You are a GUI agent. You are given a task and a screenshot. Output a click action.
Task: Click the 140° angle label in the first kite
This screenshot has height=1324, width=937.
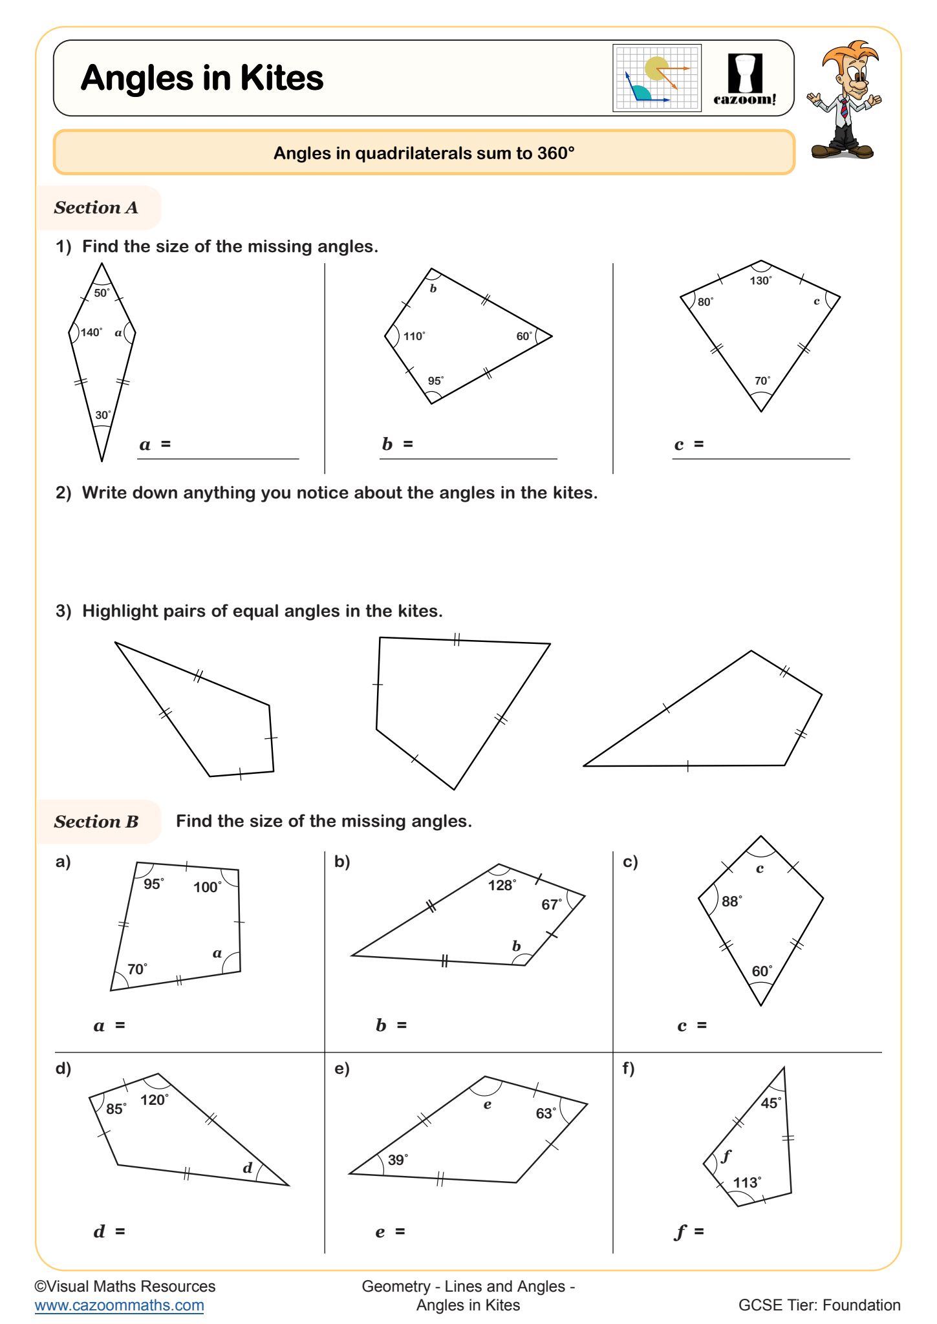coord(91,332)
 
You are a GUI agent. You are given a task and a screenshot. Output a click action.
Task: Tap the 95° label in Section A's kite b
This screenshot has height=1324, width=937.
coord(436,381)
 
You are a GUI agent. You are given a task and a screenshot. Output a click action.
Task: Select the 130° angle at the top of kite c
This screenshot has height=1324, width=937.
coord(760,281)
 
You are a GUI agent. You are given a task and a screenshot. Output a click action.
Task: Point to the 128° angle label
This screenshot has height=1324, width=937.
coord(502,885)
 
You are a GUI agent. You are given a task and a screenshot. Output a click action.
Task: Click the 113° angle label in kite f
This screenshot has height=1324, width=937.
coord(747,1182)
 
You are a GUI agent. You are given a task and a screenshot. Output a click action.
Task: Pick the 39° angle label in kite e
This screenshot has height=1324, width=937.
coord(398,1159)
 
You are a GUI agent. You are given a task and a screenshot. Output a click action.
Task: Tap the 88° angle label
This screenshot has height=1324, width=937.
coord(731,901)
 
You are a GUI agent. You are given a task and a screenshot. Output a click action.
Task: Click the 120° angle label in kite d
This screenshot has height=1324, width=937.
coord(155,1100)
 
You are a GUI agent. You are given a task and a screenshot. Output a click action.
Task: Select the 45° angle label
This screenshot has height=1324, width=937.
coord(771,1103)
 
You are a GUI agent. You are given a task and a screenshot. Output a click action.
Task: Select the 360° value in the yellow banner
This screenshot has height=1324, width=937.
coord(555,153)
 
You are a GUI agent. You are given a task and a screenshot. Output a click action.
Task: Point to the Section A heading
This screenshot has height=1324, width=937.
coord(96,208)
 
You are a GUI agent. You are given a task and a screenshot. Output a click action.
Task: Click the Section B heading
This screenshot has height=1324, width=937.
coord(96,822)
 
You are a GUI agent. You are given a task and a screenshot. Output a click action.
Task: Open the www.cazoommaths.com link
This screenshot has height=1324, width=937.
coord(119,1305)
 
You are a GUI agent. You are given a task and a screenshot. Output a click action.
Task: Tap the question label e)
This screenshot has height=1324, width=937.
coord(341,1069)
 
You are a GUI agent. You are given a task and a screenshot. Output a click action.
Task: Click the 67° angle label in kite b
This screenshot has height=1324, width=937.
coord(552,904)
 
